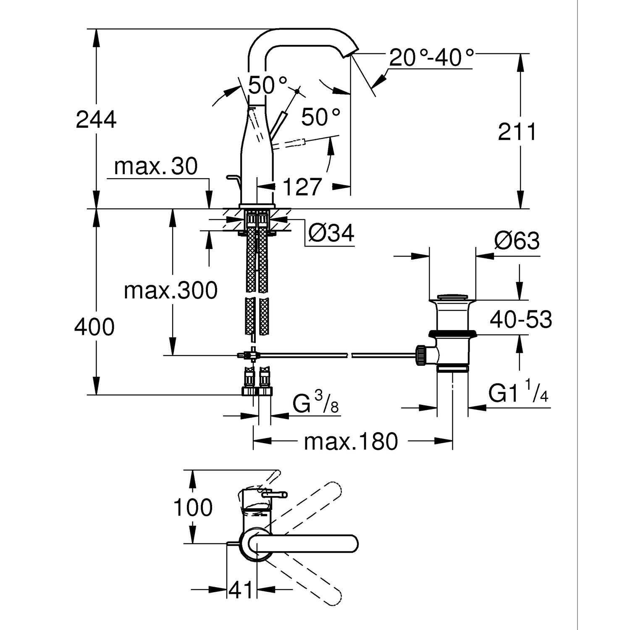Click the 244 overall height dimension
[x=96, y=120]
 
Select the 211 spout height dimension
[x=517, y=132]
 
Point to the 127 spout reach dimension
[x=302, y=186]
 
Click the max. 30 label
[x=155, y=167]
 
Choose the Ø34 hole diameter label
[x=331, y=233]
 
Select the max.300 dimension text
[x=171, y=290]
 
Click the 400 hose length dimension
[x=94, y=327]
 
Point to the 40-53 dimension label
[x=521, y=320]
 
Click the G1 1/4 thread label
[x=518, y=394]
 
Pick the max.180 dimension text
[x=350, y=441]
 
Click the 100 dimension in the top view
[x=193, y=508]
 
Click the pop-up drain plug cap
[x=452, y=297]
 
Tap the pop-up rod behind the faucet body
[x=234, y=180]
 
